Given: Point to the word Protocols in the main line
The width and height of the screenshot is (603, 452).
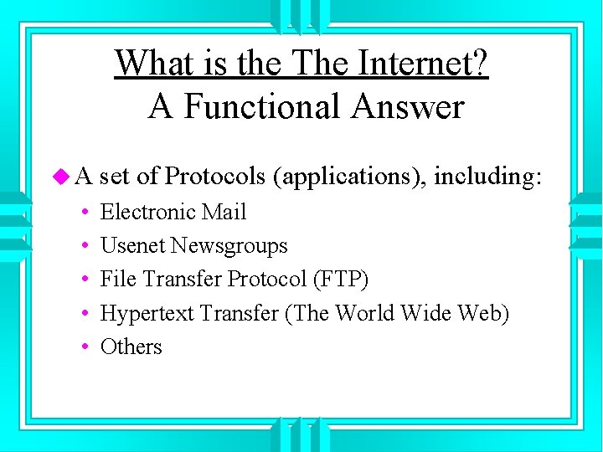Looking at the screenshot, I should [215, 177].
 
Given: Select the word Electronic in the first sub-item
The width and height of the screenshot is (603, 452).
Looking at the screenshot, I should [142, 212].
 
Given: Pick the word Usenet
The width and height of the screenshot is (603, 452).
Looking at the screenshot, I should [132, 245].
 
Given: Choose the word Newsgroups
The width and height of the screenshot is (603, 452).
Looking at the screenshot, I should [229, 245].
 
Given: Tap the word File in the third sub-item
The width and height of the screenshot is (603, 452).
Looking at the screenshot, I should [115, 279].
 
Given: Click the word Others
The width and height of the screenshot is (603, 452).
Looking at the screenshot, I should [131, 347].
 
